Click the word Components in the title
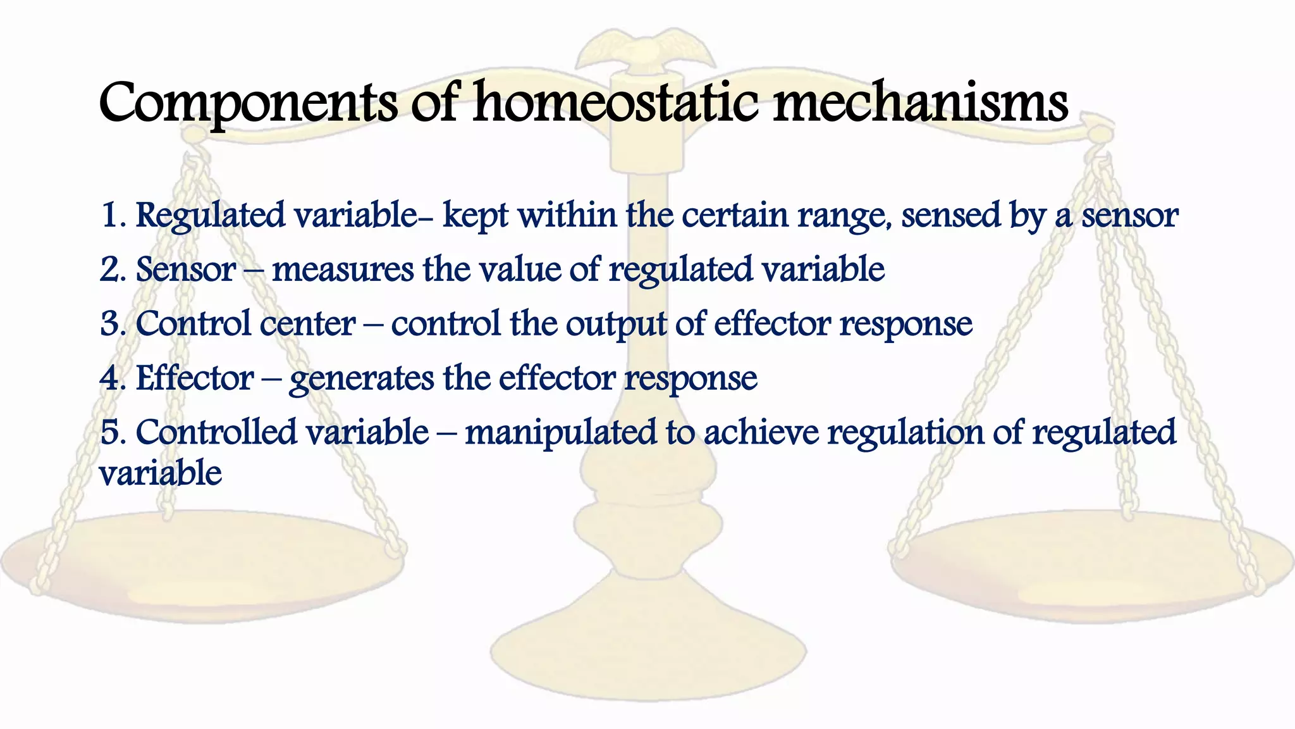[248, 103]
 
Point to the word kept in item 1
[475, 216]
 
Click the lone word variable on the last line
[161, 473]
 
